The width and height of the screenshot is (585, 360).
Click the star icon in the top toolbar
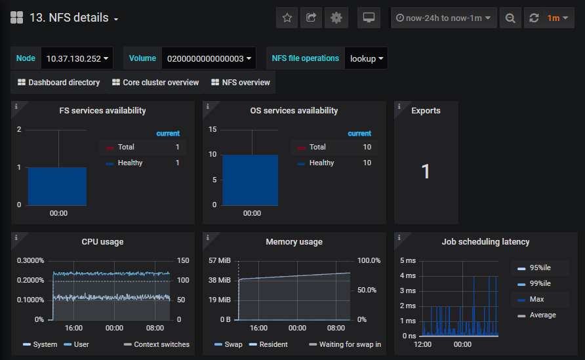(287, 18)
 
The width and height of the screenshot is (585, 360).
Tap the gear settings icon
(336, 18)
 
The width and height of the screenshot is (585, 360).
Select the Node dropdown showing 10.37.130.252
(77, 58)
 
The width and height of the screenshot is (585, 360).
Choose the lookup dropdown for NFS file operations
(367, 58)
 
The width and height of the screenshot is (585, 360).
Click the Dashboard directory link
(58, 83)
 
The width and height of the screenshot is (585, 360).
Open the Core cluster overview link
(155, 83)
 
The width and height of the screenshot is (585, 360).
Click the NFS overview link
(240, 83)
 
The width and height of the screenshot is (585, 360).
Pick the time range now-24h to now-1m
(443, 18)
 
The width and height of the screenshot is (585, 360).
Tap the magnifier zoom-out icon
(510, 18)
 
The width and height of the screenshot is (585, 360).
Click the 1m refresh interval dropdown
(557, 18)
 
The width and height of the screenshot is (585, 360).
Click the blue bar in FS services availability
(57, 186)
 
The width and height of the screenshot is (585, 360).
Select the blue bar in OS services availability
(251, 180)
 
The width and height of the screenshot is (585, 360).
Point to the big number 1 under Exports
(426, 172)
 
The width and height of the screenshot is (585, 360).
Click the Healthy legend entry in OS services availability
(321, 163)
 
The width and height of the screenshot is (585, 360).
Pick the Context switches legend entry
(157, 344)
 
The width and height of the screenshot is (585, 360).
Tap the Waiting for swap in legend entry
(345, 344)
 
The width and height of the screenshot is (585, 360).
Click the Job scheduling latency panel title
(485, 242)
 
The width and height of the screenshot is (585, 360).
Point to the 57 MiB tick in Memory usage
(219, 260)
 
